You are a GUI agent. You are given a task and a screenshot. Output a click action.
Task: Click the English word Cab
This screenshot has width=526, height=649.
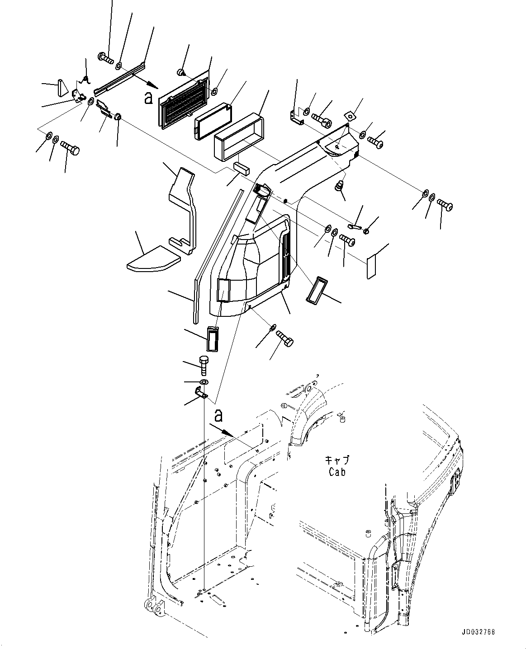coord(337,472)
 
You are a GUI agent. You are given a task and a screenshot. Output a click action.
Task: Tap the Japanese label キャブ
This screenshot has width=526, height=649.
coord(337,461)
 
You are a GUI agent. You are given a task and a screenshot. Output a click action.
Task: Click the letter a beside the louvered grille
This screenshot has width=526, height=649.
coord(148,98)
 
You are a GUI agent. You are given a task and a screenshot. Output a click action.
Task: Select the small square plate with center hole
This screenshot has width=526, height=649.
coord(350,115)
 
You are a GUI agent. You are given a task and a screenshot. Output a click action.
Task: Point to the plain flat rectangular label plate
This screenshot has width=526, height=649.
coord(371,267)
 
